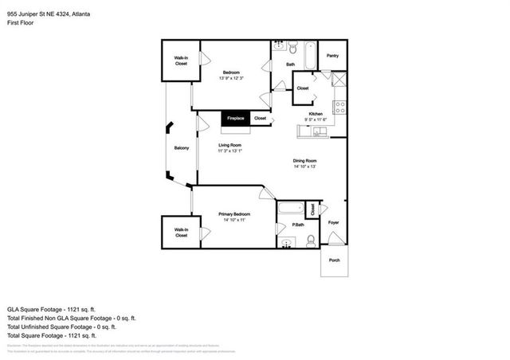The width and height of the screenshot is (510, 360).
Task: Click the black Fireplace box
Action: [234, 118]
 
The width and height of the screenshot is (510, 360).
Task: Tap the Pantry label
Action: [333, 56]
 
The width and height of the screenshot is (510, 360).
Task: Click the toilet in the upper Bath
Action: [292, 46]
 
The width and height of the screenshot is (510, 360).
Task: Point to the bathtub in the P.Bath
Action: [292, 210]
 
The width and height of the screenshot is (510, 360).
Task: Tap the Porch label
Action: [334, 260]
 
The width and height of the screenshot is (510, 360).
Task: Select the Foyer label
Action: [334, 222]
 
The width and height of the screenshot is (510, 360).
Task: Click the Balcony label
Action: [181, 149]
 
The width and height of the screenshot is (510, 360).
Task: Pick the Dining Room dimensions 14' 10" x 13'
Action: [304, 166]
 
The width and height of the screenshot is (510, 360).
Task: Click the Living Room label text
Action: [230, 145]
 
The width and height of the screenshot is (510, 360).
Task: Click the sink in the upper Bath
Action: [278, 46]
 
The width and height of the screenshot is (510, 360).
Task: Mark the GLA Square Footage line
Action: [51, 308]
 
